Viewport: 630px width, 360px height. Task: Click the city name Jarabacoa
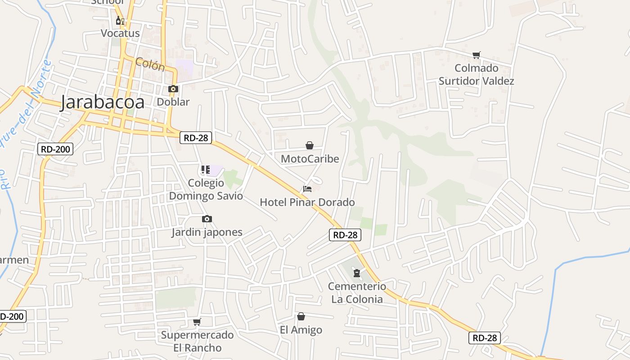pos(103,102)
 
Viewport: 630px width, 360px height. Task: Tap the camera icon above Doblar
pos(173,89)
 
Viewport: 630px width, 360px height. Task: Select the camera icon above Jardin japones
pos(207,219)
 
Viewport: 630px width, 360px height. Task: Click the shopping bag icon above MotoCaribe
pos(310,145)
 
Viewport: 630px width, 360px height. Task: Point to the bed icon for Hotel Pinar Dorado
pos(307,189)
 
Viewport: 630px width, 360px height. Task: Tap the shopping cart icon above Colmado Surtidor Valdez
pos(476,55)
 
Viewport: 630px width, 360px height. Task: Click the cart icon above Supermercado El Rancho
pos(197,322)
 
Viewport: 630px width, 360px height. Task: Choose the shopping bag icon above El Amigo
pos(301,317)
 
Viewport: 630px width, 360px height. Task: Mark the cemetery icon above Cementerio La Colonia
pos(357,273)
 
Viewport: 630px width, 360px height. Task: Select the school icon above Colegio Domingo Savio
pos(206,170)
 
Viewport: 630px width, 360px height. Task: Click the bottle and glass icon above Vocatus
pos(120,21)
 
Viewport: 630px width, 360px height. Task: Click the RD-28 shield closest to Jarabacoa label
pos(196,138)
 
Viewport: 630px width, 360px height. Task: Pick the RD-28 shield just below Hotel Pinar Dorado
pos(345,234)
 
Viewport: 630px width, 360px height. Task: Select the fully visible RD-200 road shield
pos(55,149)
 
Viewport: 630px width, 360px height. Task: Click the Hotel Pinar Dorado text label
pos(307,202)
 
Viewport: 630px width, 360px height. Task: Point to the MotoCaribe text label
pos(310,159)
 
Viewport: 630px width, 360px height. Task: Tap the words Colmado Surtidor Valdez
pos(476,75)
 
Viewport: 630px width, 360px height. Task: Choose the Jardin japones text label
pos(207,232)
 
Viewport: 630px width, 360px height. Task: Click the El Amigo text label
pos(301,330)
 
